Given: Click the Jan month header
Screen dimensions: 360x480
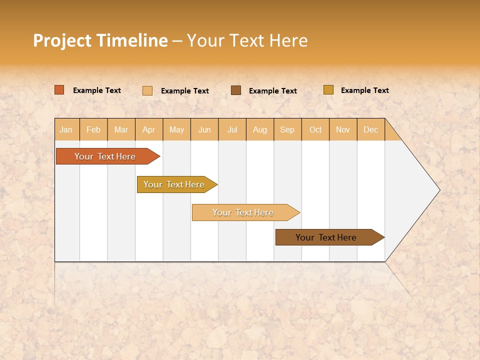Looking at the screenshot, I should [66, 130].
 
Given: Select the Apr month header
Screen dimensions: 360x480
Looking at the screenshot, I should [149, 130].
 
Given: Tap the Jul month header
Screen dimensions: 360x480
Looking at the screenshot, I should [232, 130].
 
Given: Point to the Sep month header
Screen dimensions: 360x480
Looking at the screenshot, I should [287, 130].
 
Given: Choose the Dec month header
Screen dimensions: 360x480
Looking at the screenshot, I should [370, 130].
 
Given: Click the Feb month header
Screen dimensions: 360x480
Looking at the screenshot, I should [93, 130].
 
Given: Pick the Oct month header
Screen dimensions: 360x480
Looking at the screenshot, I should [315, 130].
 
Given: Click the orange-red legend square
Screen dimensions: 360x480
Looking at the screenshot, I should [59, 90].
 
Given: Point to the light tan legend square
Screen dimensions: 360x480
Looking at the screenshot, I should [147, 90].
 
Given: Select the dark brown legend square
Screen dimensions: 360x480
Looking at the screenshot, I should [236, 90].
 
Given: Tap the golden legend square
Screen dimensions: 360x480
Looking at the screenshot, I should [328, 90].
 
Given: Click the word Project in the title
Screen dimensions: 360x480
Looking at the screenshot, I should [62, 40].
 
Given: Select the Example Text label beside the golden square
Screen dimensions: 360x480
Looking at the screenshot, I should [364, 90].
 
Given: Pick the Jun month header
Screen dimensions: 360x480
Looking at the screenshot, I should [204, 130].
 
